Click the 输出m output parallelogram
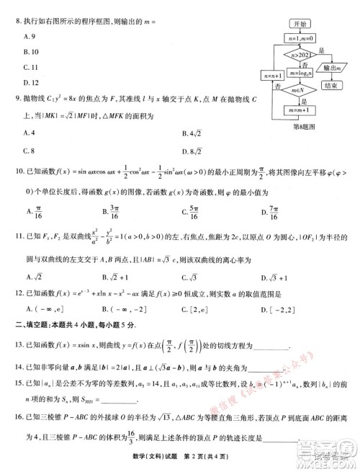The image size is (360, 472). (x=332, y=68)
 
